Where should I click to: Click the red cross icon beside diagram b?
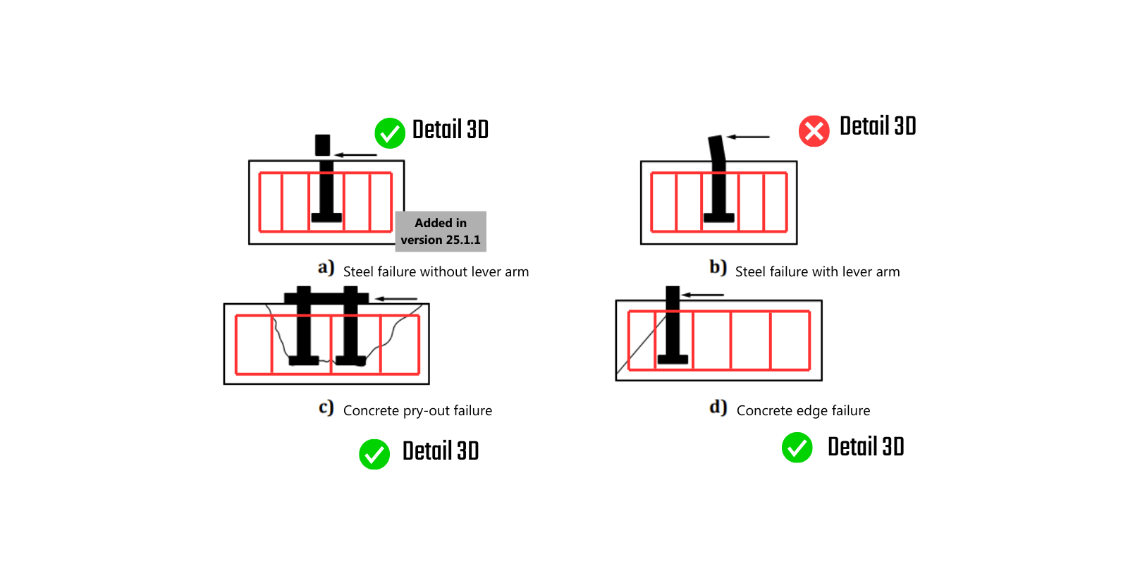pyautogui.click(x=814, y=131)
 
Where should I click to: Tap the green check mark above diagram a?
pyautogui.click(x=389, y=133)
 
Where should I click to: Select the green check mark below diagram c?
pyautogui.click(x=374, y=454)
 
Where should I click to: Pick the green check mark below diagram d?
pyautogui.click(x=797, y=448)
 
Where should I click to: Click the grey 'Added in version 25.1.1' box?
pyautogui.click(x=441, y=231)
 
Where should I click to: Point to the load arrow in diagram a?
pyautogui.click(x=356, y=154)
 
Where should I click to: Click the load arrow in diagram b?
pyautogui.click(x=748, y=137)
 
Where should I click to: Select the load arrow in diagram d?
pyautogui.click(x=703, y=295)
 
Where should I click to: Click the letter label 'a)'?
pyautogui.click(x=326, y=268)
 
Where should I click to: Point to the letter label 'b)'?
pyautogui.click(x=718, y=268)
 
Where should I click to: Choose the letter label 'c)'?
pyautogui.click(x=326, y=407)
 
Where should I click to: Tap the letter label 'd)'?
pyautogui.click(x=718, y=407)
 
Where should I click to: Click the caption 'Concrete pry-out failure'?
pyautogui.click(x=417, y=411)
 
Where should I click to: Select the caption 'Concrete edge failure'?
pyautogui.click(x=803, y=411)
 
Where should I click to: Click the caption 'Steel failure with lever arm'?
pyautogui.click(x=817, y=272)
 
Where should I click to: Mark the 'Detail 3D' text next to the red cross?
pyautogui.click(x=878, y=127)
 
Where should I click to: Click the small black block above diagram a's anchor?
pyautogui.click(x=322, y=145)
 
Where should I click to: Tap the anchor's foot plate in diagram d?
pyautogui.click(x=673, y=360)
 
